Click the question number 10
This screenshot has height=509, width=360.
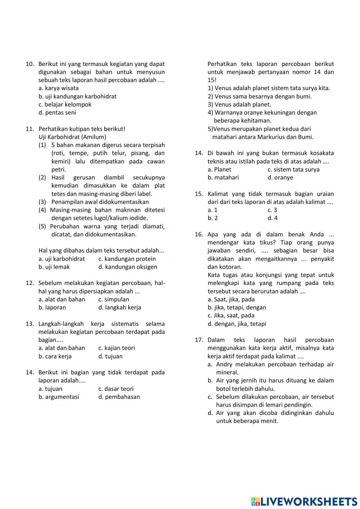30,64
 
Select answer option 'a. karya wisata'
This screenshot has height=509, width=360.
58,88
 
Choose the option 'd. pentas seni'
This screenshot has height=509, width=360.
57,112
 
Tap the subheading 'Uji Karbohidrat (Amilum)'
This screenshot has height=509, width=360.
72,137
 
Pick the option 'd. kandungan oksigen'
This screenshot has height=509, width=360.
127,267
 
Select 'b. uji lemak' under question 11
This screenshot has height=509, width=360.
54,267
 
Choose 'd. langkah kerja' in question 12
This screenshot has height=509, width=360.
120,308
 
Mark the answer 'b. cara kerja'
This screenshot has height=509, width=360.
55,356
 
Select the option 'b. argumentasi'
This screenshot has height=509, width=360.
59,397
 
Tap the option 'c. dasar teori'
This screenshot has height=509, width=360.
116,389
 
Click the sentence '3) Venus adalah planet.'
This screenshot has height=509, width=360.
239,104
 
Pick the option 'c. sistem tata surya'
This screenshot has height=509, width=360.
293,170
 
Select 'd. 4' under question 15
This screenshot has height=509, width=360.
273,218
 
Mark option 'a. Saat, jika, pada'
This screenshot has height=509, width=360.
231,299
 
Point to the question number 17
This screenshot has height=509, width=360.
199,340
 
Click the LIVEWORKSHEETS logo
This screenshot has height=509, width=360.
304,501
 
